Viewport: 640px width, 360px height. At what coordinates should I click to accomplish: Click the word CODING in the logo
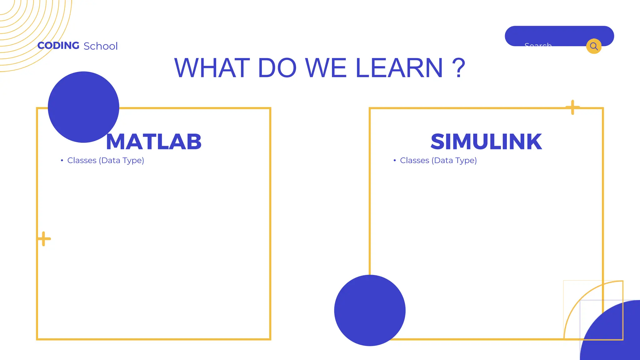point(58,46)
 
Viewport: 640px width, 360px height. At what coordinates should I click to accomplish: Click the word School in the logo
point(101,46)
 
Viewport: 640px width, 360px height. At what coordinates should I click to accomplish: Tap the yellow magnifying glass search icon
point(594,46)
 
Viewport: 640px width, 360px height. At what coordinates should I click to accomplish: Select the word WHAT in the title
point(212,68)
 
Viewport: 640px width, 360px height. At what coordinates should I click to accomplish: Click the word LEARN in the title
point(399,68)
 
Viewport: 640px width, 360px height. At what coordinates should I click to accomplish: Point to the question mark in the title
point(458,68)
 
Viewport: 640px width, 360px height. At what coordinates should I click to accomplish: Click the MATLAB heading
point(154,142)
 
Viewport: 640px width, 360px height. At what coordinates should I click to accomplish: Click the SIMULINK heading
point(486,142)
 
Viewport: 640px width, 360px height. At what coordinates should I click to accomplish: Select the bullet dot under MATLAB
point(62,160)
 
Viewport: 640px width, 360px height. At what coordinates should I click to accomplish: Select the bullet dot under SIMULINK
point(395,160)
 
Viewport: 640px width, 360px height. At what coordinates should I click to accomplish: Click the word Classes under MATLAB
point(82,160)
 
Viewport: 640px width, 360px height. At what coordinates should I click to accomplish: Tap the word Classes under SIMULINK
point(415,160)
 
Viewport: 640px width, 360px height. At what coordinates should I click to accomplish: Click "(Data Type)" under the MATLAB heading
point(122,161)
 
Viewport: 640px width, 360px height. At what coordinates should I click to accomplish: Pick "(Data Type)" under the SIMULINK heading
point(454,161)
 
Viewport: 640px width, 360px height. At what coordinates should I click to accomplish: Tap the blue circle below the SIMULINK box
point(370,310)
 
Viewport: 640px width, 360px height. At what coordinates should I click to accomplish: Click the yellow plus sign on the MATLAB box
point(44,239)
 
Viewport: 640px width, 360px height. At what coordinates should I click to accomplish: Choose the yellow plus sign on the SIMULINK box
point(572,107)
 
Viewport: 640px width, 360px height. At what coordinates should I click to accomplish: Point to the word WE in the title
point(326,68)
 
